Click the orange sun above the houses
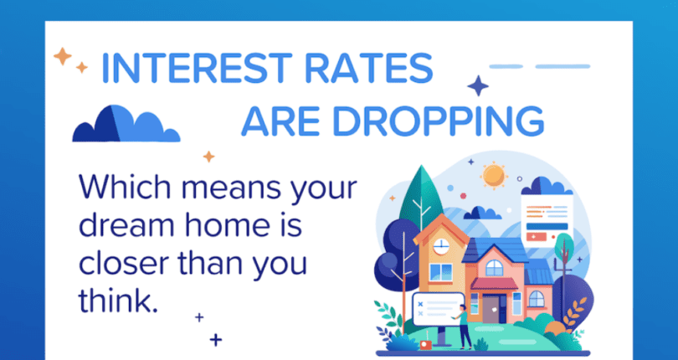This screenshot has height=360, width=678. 495,175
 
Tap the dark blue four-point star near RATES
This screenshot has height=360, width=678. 478,86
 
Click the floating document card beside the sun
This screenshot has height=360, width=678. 546,220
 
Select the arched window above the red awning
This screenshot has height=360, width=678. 495,267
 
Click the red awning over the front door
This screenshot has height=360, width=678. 494,285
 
